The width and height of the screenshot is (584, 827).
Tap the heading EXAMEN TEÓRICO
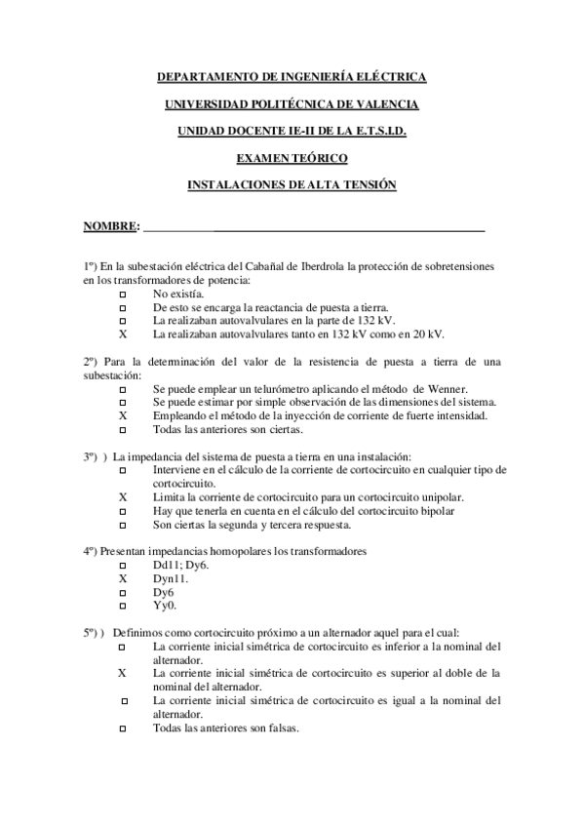coord(292,158)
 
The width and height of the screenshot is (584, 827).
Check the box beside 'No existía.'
coord(123,294)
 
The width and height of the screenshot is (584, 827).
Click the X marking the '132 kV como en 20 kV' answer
coord(123,335)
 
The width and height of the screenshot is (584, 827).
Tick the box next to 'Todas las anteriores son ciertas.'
coord(123,430)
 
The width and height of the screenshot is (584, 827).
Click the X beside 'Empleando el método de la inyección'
coord(123,416)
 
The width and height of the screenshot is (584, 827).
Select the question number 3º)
coord(94,457)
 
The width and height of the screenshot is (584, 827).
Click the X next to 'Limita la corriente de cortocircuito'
coord(123,497)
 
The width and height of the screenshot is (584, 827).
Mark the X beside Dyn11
coord(123,579)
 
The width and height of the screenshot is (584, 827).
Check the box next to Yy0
coord(123,607)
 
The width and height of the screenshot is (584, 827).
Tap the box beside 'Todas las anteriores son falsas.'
coord(123,729)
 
